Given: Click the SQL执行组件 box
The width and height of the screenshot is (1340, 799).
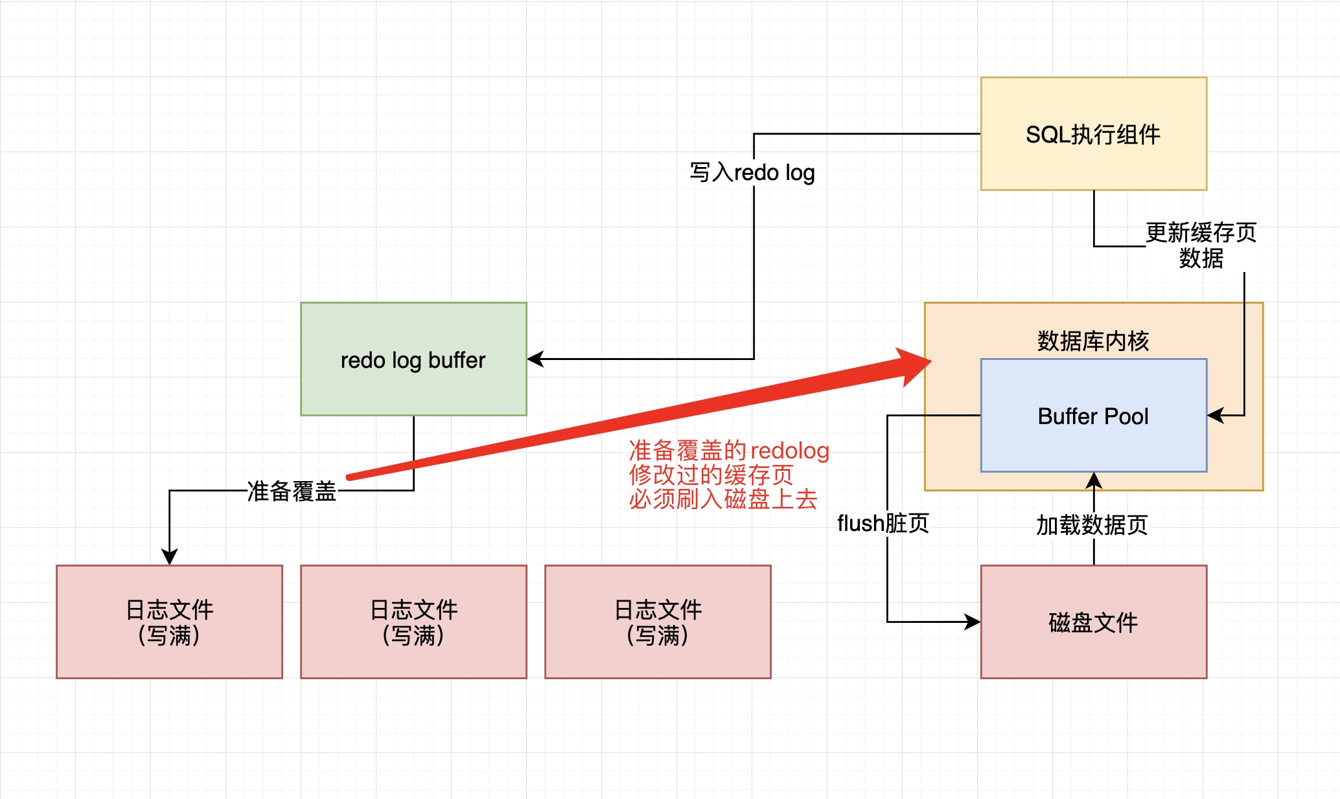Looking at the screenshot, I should pyautogui.click(x=1093, y=134).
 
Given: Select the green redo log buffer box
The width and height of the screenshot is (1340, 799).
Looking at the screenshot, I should pyautogui.click(x=413, y=359).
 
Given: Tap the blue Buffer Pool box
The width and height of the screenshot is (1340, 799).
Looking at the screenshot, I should pyautogui.click(x=1093, y=416).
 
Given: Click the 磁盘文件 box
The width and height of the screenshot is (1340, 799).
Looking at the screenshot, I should pyautogui.click(x=1093, y=622).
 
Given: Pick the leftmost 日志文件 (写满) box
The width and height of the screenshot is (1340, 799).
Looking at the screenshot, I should pyautogui.click(x=169, y=622).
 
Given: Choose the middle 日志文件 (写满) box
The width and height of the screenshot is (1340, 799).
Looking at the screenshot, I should pyautogui.click(x=413, y=622).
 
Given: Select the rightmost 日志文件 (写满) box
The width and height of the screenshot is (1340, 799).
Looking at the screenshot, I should pyautogui.click(x=658, y=622).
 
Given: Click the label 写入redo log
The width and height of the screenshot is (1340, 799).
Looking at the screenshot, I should pyautogui.click(x=752, y=173).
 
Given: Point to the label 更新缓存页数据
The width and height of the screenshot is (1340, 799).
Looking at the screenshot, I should pyautogui.click(x=1201, y=245).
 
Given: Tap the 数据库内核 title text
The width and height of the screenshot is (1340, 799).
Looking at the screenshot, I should pyautogui.click(x=1093, y=341).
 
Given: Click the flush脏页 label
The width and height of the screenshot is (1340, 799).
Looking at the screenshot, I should pyautogui.click(x=883, y=523).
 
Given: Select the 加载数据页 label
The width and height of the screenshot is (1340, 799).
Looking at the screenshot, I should pyautogui.click(x=1092, y=525).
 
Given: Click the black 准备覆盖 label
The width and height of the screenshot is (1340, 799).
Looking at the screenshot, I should pyautogui.click(x=292, y=491).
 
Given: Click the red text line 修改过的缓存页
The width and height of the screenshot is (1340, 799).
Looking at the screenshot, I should pyautogui.click(x=711, y=475).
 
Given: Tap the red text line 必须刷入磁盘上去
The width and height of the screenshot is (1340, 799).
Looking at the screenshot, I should pyautogui.click(x=723, y=499).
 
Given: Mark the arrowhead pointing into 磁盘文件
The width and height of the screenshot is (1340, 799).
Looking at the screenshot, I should pyautogui.click(x=974, y=622).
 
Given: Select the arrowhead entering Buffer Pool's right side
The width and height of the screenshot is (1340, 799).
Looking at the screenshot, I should pyautogui.click(x=1214, y=416).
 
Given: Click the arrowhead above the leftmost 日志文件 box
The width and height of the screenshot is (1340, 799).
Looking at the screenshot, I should pyautogui.click(x=169, y=558).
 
